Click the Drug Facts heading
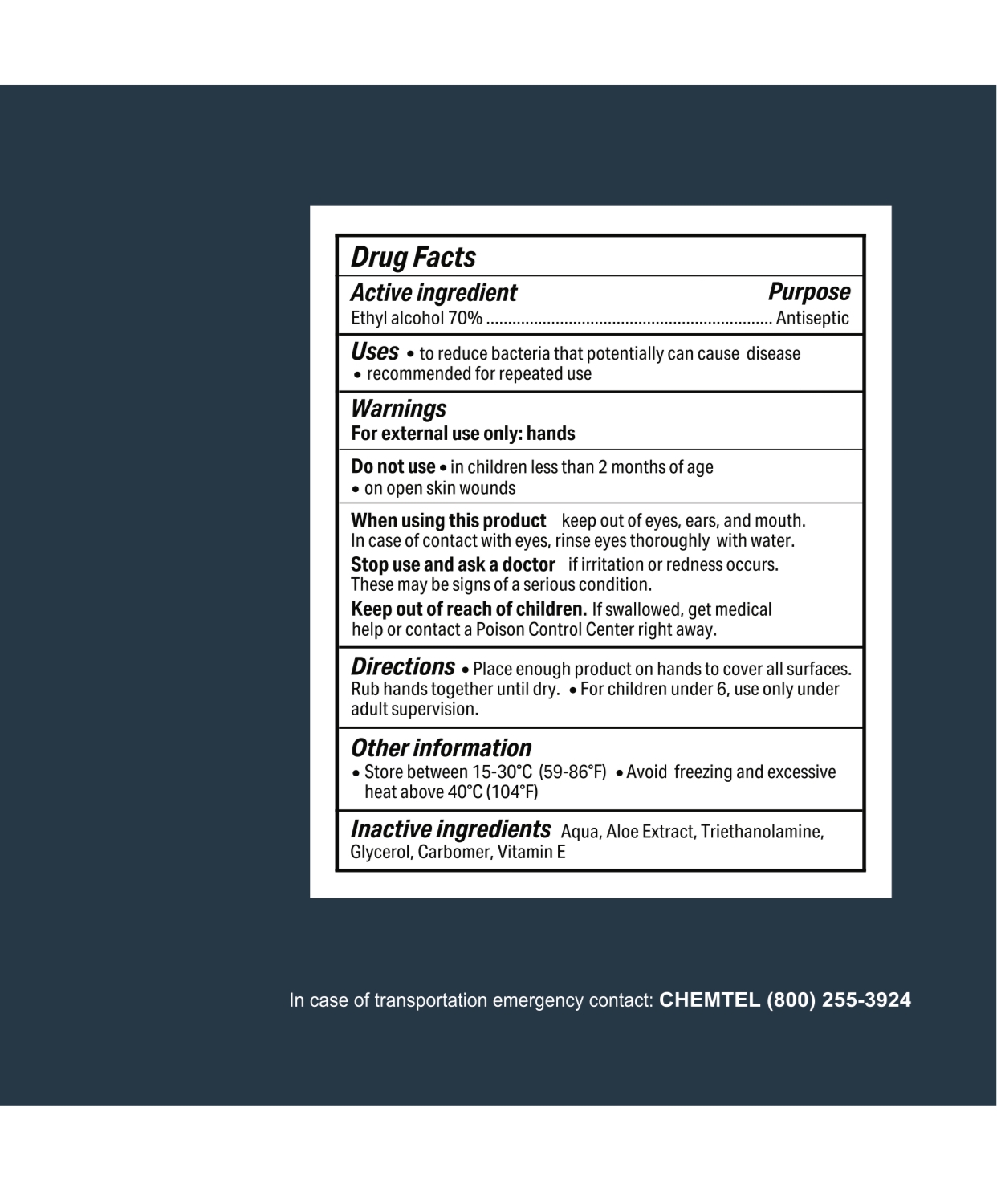(x=413, y=258)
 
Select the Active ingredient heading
(x=433, y=293)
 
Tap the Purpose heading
(x=809, y=292)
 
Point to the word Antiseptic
(x=812, y=319)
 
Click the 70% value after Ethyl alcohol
(x=466, y=319)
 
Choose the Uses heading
(x=375, y=352)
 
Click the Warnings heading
(x=398, y=409)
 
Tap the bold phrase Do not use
(x=393, y=467)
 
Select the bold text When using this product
(x=448, y=521)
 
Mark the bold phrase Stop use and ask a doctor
(x=453, y=564)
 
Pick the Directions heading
(x=403, y=667)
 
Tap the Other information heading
(x=441, y=748)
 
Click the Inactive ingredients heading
(x=450, y=829)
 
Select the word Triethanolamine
(x=762, y=832)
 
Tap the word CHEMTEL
(x=709, y=1000)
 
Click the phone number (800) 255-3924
(x=838, y=1000)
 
